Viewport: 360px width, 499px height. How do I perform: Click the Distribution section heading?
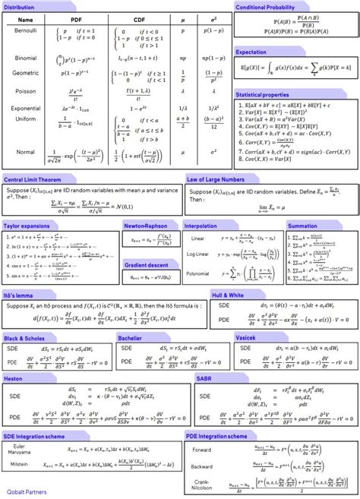tap(19, 6)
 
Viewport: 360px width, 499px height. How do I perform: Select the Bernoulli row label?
tap(26, 30)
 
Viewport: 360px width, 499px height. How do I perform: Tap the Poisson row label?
tap(26, 91)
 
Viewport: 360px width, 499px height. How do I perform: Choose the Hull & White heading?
tap(229, 292)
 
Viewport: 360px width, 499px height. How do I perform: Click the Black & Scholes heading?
tap(23, 336)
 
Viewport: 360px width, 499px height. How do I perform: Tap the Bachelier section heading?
tap(131, 336)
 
